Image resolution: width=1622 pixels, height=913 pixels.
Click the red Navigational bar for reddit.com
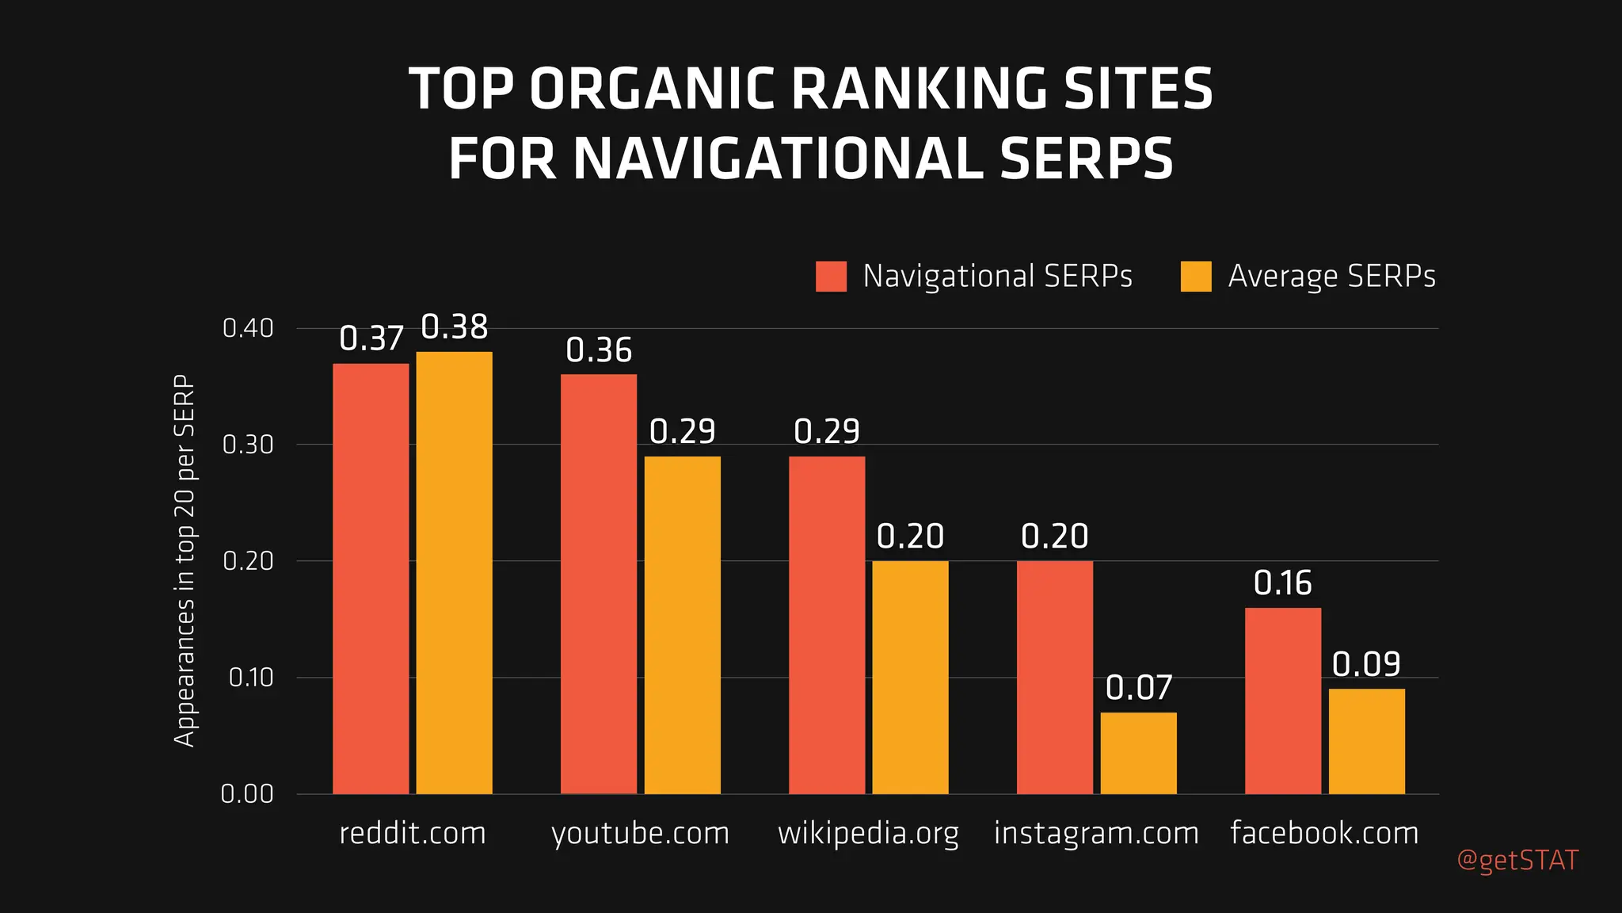point(371,579)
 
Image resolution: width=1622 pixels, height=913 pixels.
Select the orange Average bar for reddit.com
point(454,572)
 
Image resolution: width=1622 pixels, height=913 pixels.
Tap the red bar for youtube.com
point(599,583)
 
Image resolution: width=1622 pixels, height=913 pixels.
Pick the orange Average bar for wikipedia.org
point(910,677)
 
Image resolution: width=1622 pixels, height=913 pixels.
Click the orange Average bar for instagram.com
point(1138,753)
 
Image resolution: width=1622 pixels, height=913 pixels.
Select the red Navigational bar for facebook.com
point(1283,701)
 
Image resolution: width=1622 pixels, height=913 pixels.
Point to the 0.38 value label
point(454,327)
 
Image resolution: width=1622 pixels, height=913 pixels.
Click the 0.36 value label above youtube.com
point(599,350)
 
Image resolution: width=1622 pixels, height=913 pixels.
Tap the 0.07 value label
point(1138,688)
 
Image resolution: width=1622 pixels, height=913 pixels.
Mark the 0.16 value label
point(1283,583)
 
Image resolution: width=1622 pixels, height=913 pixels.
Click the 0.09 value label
point(1366,664)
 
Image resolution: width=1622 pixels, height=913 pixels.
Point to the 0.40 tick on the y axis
point(248,328)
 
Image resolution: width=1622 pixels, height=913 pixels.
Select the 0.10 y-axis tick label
point(250,678)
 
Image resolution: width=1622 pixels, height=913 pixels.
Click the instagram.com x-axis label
point(1096,833)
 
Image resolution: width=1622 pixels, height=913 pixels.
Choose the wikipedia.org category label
point(868,834)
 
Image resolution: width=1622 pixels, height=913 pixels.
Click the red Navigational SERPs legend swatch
point(831,277)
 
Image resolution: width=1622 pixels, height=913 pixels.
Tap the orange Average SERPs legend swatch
point(1196,277)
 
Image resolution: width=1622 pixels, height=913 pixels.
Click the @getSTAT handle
point(1517,861)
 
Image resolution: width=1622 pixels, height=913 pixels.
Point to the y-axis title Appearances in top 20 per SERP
point(185,560)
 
